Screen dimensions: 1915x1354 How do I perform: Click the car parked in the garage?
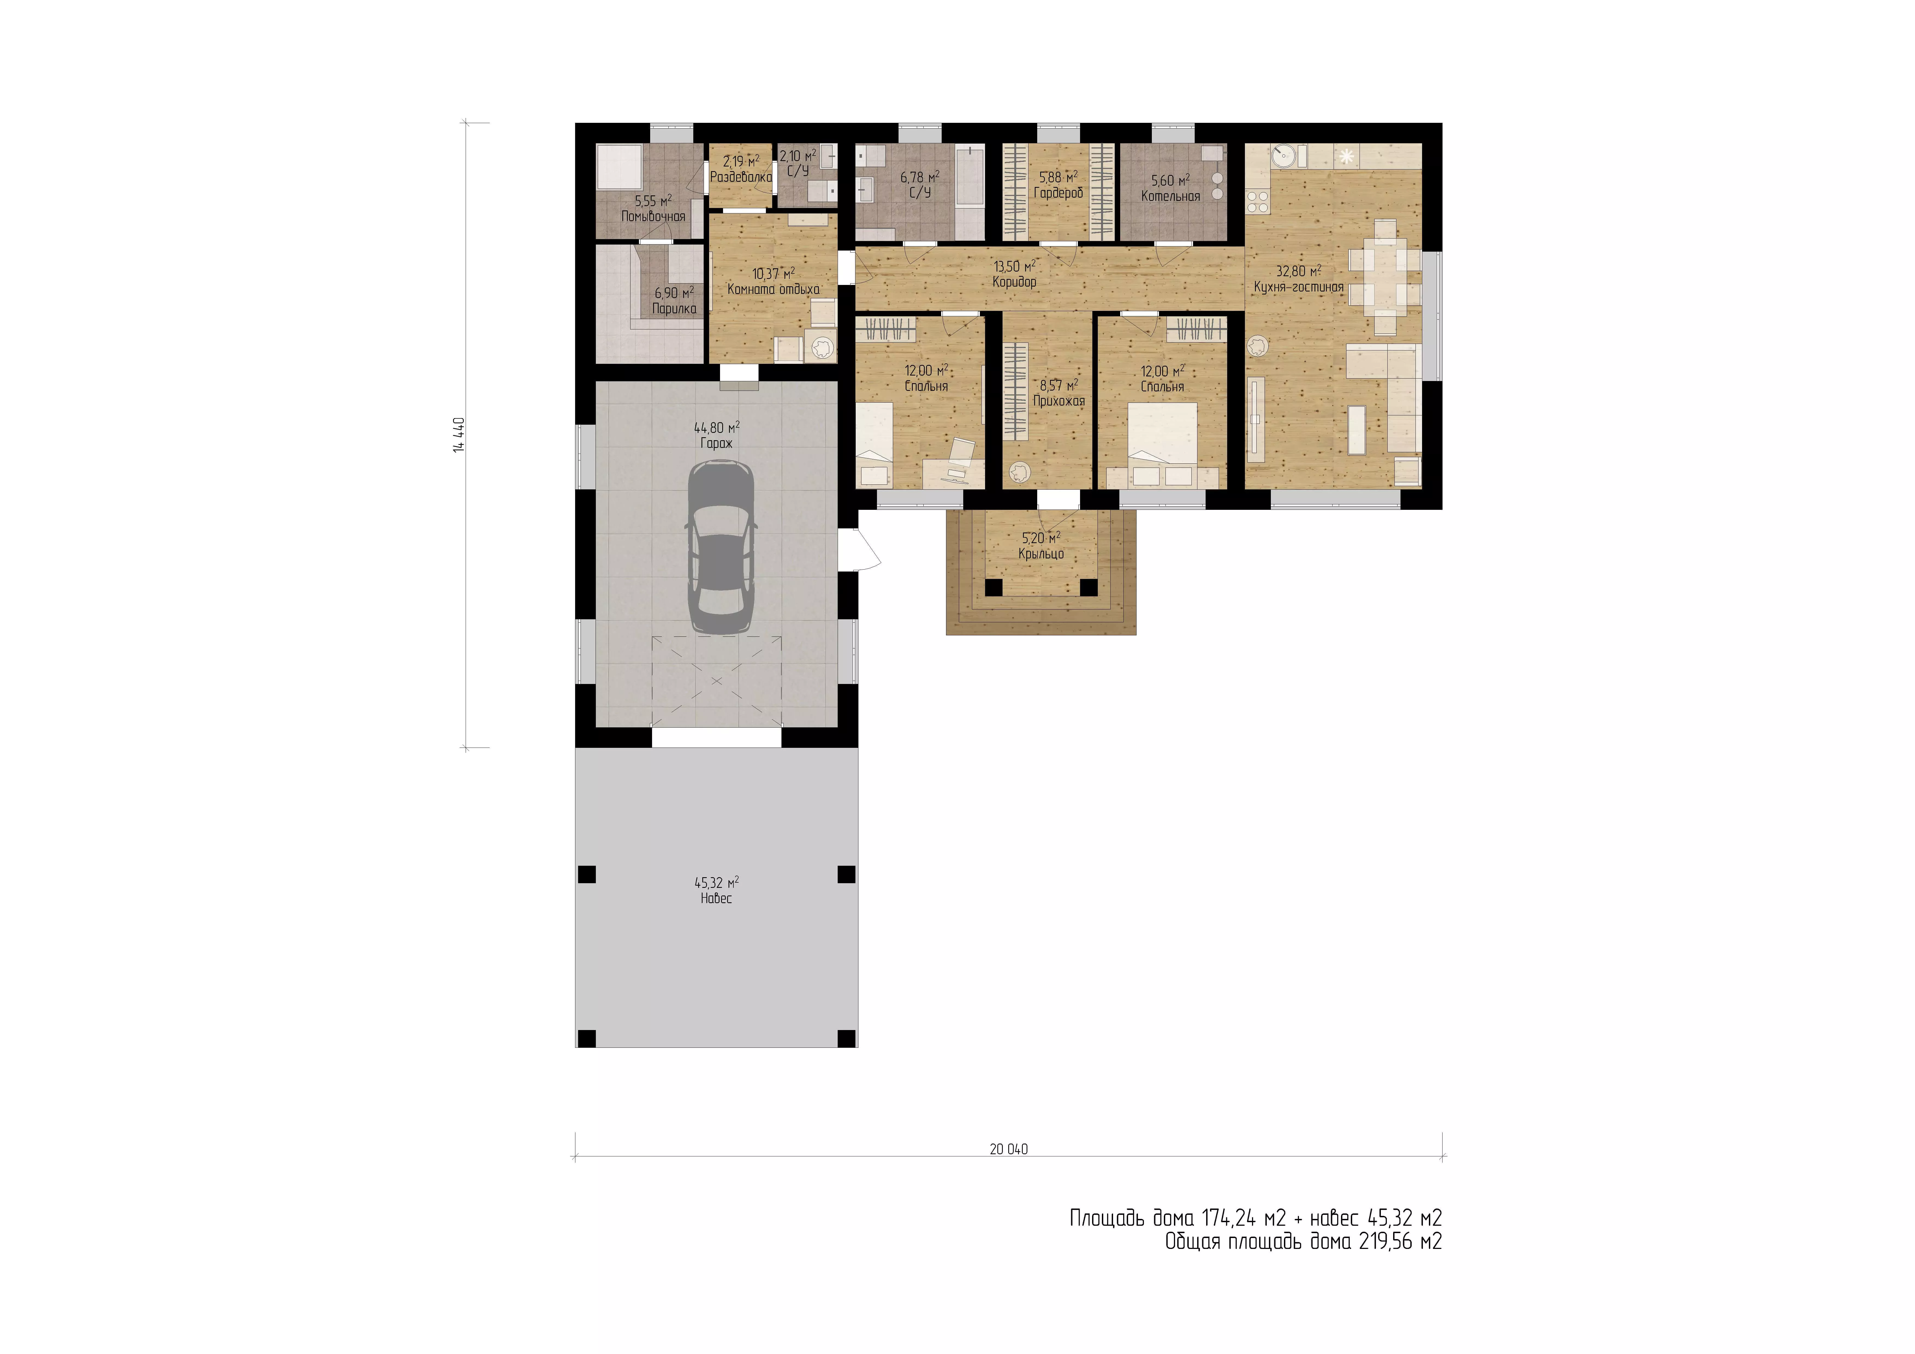pyautogui.click(x=721, y=548)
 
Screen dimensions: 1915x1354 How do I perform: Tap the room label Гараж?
pyautogui.click(x=716, y=443)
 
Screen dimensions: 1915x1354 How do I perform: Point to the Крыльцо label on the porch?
pyautogui.click(x=1041, y=554)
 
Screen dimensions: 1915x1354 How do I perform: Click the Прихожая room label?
pyautogui.click(x=1058, y=401)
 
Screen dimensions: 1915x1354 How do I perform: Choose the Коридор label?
pyautogui.click(x=1014, y=282)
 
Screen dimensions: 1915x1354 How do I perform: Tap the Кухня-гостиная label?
pyautogui.click(x=1299, y=287)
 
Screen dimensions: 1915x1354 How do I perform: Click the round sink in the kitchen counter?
pyautogui.click(x=1282, y=155)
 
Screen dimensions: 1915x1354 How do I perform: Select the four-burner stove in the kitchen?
pyautogui.click(x=1257, y=201)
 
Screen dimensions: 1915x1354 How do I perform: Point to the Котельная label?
pyautogui.click(x=1170, y=196)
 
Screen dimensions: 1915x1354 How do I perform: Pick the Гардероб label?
pyautogui.click(x=1058, y=193)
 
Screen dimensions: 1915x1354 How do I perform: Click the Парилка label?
pyautogui.click(x=674, y=309)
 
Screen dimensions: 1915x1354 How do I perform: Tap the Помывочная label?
pyautogui.click(x=653, y=217)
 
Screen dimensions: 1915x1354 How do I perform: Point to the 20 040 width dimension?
pyautogui.click(x=1008, y=1149)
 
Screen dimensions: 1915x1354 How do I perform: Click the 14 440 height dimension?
pyautogui.click(x=459, y=435)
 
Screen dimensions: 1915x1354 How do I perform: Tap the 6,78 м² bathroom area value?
pyautogui.click(x=920, y=177)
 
